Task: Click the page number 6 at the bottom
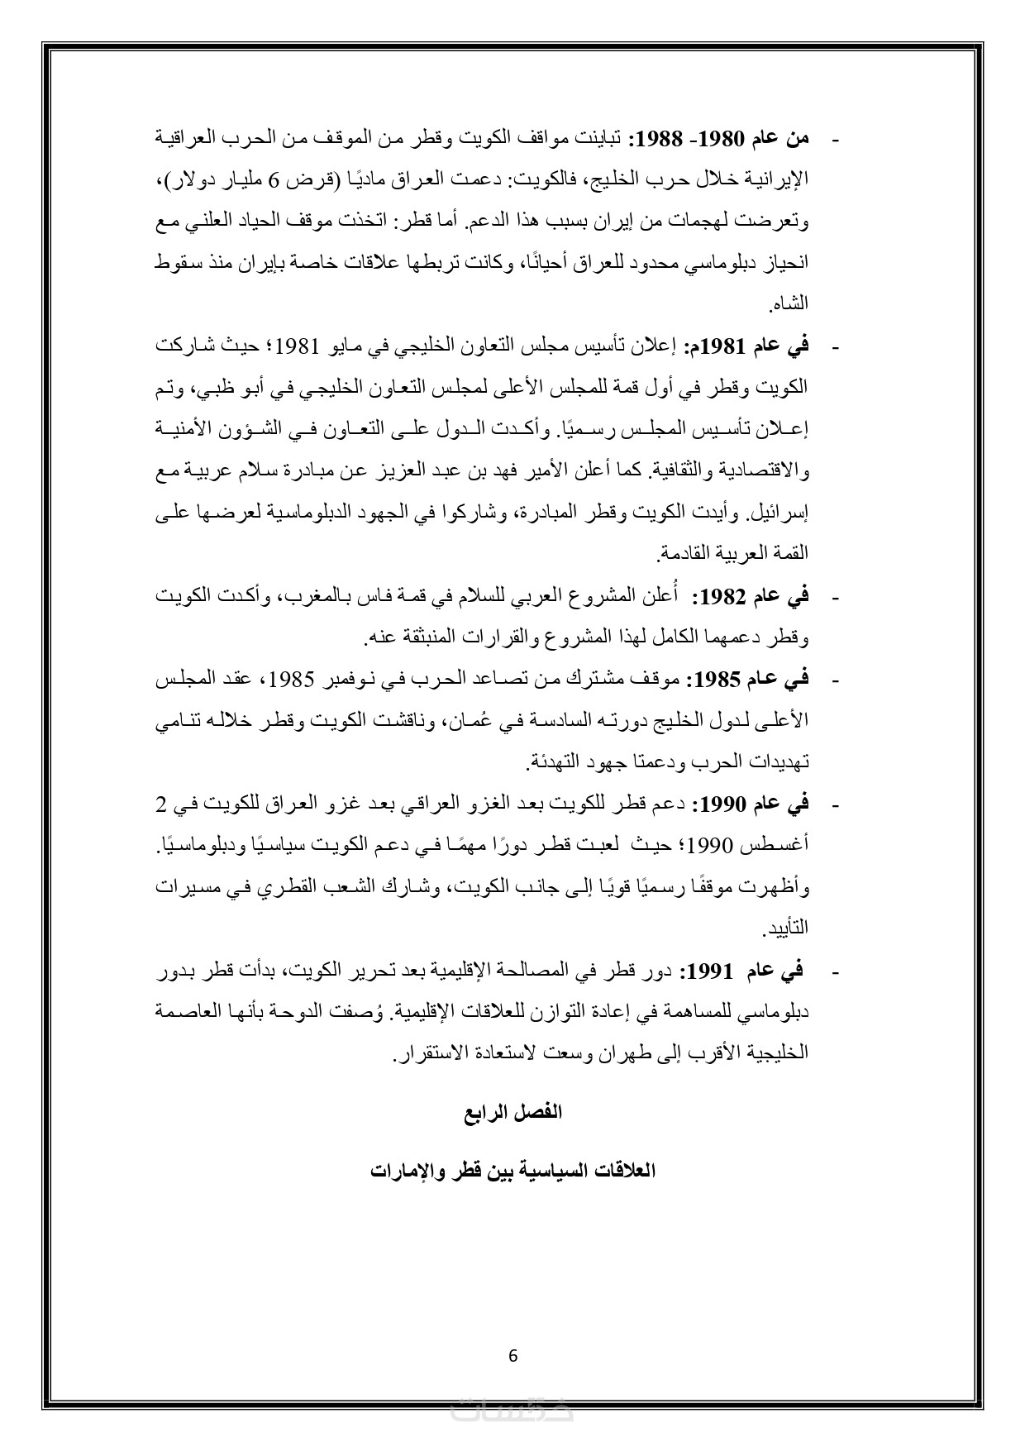point(512,1355)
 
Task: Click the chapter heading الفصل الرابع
point(512,1112)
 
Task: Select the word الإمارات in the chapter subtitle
point(403,1171)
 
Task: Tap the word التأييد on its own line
point(788,929)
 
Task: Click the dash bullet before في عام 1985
point(833,681)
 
